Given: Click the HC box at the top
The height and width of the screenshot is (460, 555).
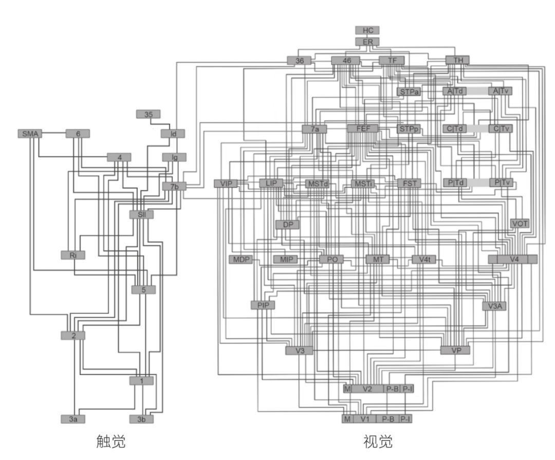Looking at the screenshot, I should click(367, 30).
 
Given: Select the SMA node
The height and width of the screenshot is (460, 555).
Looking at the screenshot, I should click(30, 134).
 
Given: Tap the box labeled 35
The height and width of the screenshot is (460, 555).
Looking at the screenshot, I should click(149, 114).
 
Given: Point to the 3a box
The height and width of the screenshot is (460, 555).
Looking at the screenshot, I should click(73, 419).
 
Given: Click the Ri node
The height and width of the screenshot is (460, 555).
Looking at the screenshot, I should click(72, 255).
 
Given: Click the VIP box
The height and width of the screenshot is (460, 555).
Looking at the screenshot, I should click(226, 183).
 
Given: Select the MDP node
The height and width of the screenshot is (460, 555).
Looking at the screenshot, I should click(240, 260).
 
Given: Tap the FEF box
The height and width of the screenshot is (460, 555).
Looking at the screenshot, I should click(362, 129).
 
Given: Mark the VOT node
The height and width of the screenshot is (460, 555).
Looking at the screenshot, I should click(520, 224).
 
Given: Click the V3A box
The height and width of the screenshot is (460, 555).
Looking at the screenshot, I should click(494, 306).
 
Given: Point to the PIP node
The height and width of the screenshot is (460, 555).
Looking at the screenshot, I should click(263, 305).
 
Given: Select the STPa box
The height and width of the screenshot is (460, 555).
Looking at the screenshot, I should click(409, 92).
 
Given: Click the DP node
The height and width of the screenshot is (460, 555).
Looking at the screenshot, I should click(287, 225).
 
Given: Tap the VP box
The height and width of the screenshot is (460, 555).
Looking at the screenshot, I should click(455, 351).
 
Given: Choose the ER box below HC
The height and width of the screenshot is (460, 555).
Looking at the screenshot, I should click(367, 42).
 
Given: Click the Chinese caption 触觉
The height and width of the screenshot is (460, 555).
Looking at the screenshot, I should click(111, 441).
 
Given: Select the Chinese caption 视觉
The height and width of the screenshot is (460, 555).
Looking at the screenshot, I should click(378, 441).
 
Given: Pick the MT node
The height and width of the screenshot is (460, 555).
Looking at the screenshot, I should click(378, 260).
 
